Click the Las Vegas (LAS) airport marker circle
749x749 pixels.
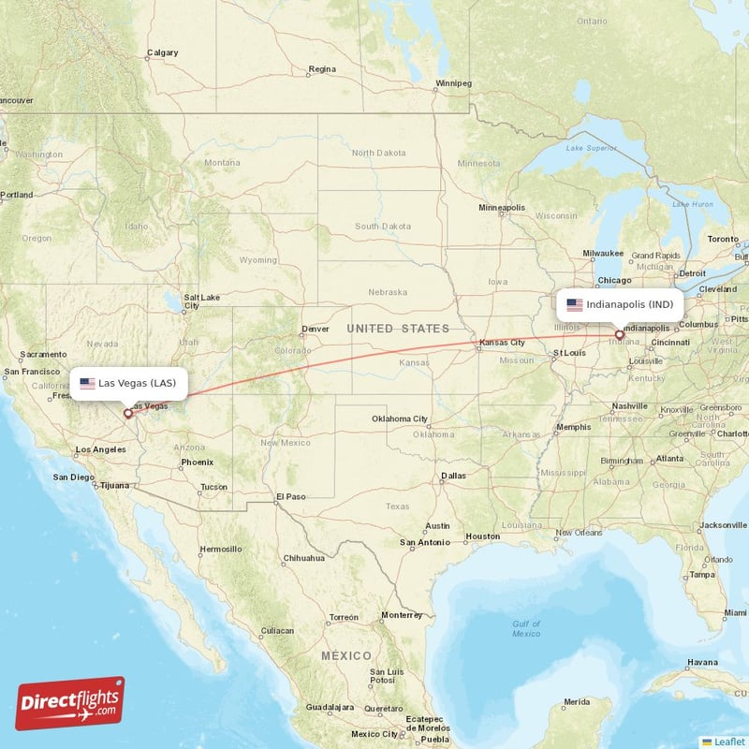pyautogui.click(x=128, y=413)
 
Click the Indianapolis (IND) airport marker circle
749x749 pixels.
pyautogui.click(x=619, y=334)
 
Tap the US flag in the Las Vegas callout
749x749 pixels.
pyautogui.click(x=87, y=383)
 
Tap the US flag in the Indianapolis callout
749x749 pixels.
pyautogui.click(x=574, y=304)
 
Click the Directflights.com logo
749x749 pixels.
pyautogui.click(x=70, y=703)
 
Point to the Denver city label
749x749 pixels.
pyautogui.click(x=316, y=329)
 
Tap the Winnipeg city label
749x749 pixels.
pyautogui.click(x=452, y=83)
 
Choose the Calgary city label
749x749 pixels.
pyautogui.click(x=163, y=52)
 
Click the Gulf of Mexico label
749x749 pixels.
pyautogui.click(x=526, y=628)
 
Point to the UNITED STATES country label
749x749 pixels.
pyautogui.click(x=398, y=329)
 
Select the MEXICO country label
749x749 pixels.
pyautogui.click(x=345, y=655)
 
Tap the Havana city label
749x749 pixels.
pyautogui.click(x=701, y=662)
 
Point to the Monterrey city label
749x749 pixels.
pyautogui.click(x=402, y=615)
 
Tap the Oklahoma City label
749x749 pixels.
pyautogui.click(x=400, y=419)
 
